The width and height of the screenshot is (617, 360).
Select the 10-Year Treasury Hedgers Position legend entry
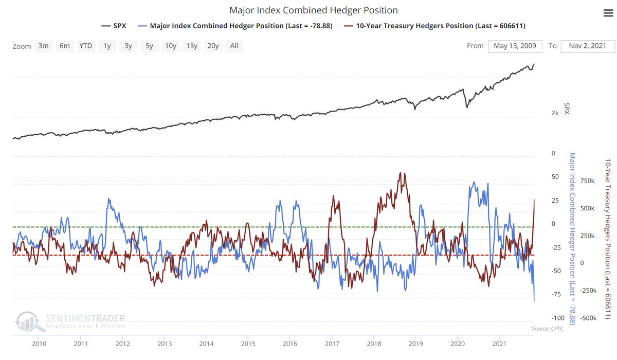441,26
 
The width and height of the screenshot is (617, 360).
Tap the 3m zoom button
43,46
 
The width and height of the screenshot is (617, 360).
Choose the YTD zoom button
85,46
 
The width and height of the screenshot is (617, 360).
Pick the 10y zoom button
170,46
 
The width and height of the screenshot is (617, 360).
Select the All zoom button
234,46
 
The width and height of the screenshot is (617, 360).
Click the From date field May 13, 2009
515,46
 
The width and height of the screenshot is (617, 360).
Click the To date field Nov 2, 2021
587,46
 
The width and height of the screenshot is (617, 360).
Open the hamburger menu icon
608,14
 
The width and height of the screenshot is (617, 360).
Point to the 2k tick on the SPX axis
554,113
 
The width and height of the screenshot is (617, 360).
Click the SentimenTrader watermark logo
70,321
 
